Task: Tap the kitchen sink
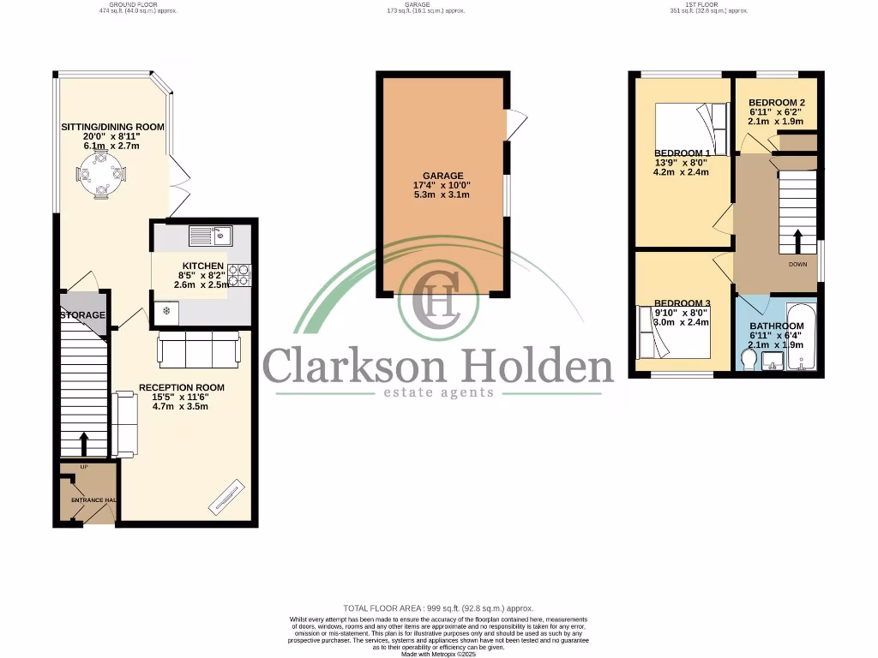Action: [x=210, y=234]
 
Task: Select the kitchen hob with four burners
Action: [x=238, y=273]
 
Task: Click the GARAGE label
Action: [x=442, y=176]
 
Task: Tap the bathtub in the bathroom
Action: [x=803, y=336]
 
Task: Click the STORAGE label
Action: [x=82, y=315]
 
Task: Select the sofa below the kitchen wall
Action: [x=198, y=348]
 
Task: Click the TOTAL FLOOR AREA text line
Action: [x=438, y=606]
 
